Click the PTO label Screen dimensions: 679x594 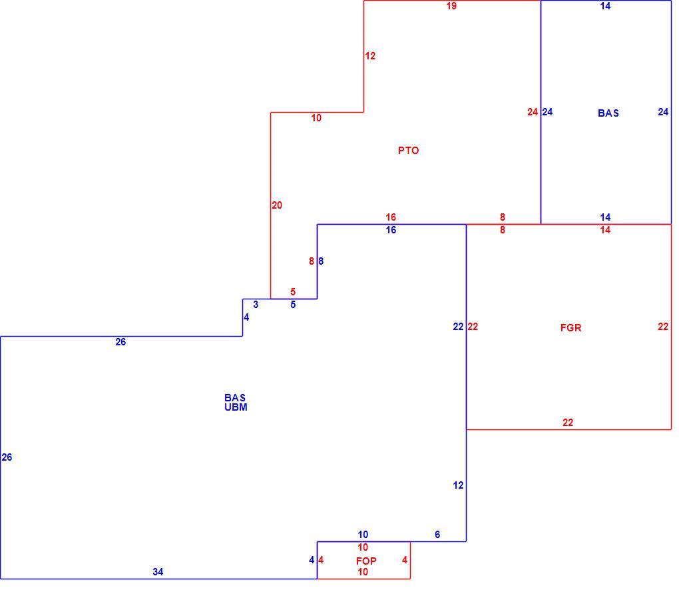coord(408,151)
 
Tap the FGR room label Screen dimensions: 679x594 coord(570,328)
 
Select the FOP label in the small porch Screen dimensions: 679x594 coord(366,561)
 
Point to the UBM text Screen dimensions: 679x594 coord(236,407)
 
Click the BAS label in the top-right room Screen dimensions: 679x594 coord(608,113)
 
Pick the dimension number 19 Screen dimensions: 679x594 coord(451,6)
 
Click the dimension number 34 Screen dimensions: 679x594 coord(158,572)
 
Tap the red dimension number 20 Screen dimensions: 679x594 coord(277,205)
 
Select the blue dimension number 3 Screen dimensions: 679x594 coord(256,305)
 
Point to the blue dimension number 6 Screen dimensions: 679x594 coord(437,535)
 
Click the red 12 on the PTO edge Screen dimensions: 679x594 coord(370,56)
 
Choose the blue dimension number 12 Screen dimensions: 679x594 coord(458,485)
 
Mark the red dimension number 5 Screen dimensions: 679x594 coord(293,292)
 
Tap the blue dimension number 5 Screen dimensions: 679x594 coord(293,305)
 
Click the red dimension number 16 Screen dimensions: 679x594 coord(391,217)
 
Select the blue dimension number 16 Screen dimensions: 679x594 coord(391,230)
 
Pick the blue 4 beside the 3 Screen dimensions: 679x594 coord(246,317)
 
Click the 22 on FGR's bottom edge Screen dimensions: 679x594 coord(568,423)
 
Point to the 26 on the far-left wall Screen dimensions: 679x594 coord(7,457)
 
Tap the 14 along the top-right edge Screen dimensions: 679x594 coord(605,6)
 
